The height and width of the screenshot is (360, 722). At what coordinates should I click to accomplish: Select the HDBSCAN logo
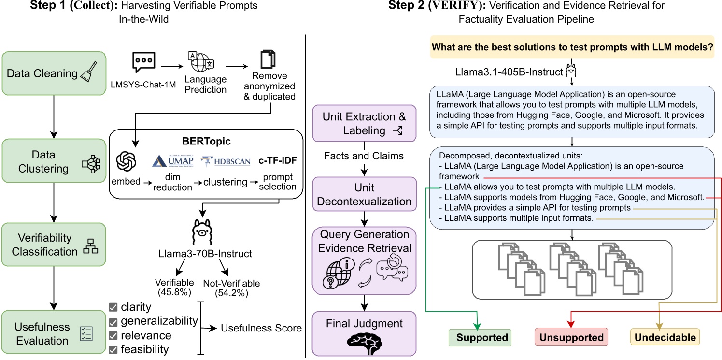227,160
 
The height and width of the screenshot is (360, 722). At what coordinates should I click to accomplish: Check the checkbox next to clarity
113,307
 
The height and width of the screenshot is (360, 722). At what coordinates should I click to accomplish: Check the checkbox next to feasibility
113,349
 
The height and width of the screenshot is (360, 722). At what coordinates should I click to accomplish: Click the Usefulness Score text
261,328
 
